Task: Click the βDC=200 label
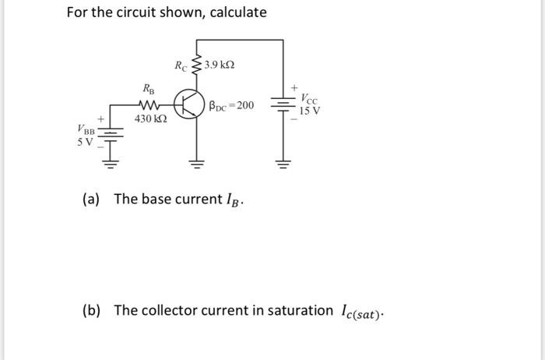pyautogui.click(x=232, y=104)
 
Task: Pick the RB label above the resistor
pyautogui.click(x=148, y=89)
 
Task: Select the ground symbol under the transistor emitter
pyautogui.click(x=195, y=164)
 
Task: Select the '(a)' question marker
pyautogui.click(x=91, y=199)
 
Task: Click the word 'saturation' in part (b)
pyautogui.click(x=294, y=310)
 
